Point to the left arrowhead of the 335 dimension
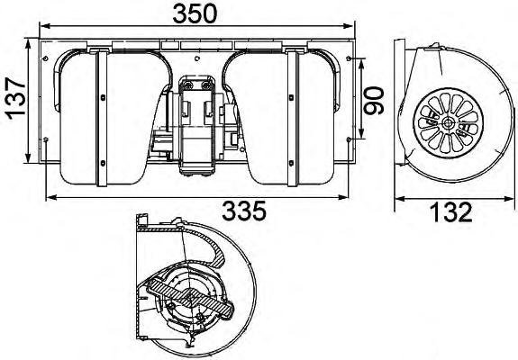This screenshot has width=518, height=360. [x=49, y=197]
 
